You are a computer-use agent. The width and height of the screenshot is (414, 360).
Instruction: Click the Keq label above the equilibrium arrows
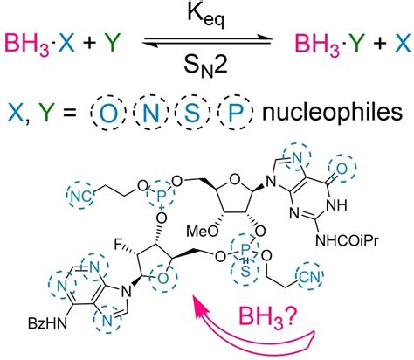205,14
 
